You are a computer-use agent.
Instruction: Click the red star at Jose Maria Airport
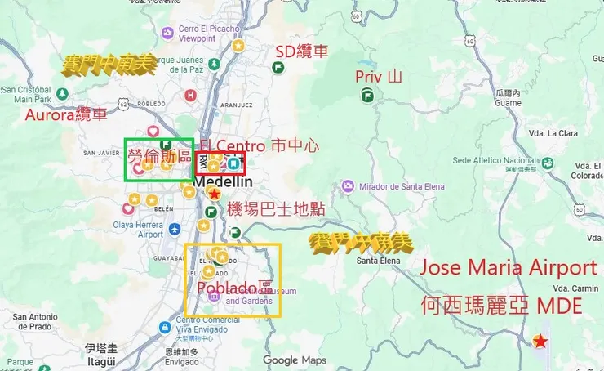pyautogui.click(x=540, y=342)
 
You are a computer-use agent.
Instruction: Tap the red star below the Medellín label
pyautogui.click(x=214, y=194)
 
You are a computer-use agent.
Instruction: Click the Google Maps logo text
pyautogui.click(x=294, y=360)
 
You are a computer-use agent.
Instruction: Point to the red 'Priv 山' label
pyautogui.click(x=379, y=77)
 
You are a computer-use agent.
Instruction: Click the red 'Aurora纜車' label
pyautogui.click(x=65, y=114)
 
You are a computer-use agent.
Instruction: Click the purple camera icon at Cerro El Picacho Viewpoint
pyautogui.click(x=167, y=33)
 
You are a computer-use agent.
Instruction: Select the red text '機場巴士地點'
pyautogui.click(x=276, y=209)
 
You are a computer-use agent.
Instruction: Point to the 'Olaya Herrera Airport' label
pyautogui.click(x=139, y=228)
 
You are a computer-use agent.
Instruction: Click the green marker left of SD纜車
pyautogui.click(x=278, y=67)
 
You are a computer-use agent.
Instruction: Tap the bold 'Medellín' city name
pyautogui.click(x=215, y=181)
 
